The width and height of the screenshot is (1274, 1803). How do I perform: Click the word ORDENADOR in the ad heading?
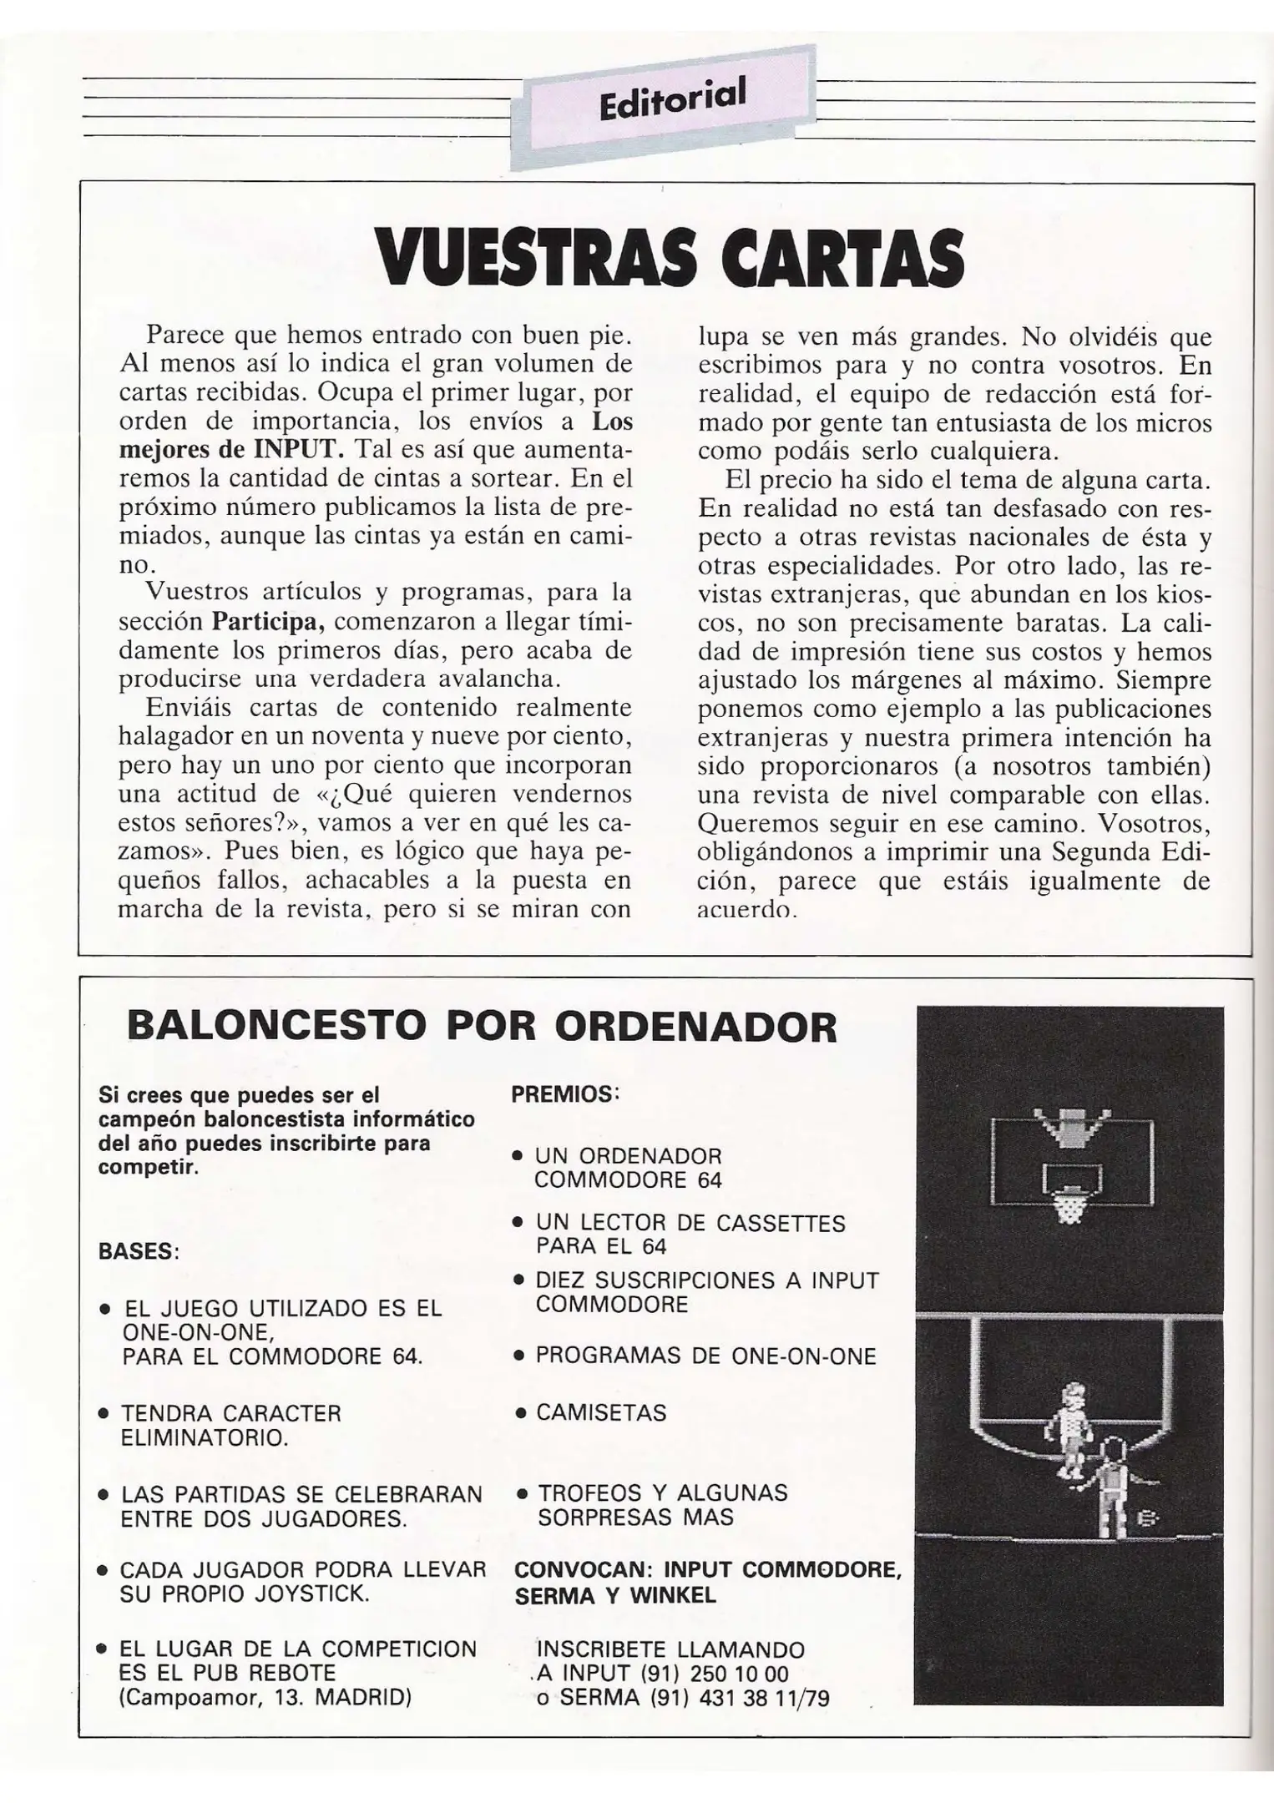[x=695, y=1026]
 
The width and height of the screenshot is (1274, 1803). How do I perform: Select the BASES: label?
[x=139, y=1252]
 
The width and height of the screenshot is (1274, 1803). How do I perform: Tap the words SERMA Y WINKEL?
[x=615, y=1596]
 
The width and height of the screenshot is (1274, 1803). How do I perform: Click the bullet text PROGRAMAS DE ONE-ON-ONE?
[x=705, y=1356]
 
